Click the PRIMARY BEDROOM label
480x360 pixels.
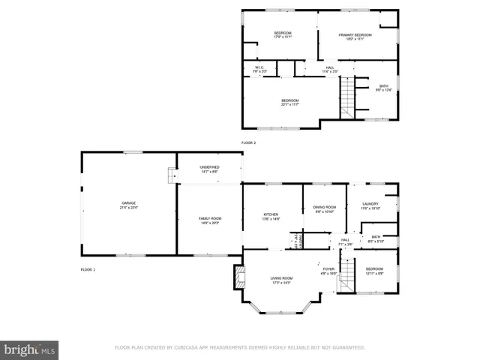(355, 35)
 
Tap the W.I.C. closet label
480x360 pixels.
(259, 67)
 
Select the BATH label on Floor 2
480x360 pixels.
(383, 86)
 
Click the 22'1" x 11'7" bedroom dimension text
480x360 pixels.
(289, 105)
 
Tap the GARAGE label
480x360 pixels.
(129, 202)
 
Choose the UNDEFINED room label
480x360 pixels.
(209, 167)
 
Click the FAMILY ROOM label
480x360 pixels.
(209, 218)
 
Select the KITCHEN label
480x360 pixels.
(271, 214)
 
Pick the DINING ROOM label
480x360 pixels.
(324, 207)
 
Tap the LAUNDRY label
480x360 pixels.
(370, 203)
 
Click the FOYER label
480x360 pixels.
(328, 268)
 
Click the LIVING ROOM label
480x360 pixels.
(280, 278)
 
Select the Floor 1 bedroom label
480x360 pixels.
(373, 268)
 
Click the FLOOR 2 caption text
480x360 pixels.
(248, 142)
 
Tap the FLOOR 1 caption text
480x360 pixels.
(88, 268)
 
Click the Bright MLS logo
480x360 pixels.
(30, 349)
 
